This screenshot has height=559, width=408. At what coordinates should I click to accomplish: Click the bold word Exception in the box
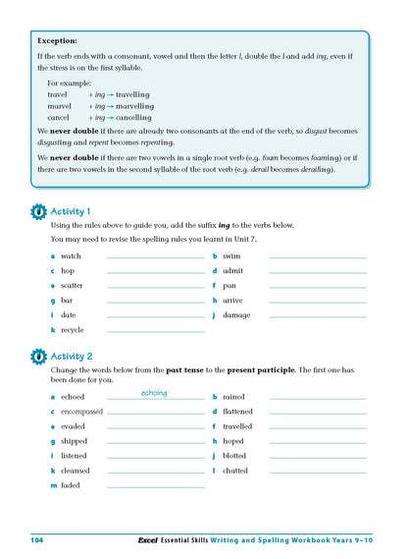coord(56,42)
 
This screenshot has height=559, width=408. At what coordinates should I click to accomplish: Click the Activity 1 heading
coord(71,211)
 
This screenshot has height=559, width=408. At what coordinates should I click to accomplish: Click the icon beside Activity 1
coord(38,211)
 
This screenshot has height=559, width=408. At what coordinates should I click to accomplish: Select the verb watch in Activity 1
coord(72,255)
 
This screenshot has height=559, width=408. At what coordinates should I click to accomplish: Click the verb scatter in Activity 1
coord(73,286)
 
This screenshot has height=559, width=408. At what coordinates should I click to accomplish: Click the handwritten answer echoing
coord(154,393)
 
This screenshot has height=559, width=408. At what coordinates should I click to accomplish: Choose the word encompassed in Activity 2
coord(81,412)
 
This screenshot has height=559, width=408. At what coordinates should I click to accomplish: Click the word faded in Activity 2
coord(71,485)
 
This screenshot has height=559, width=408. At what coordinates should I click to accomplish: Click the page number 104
coord(37,541)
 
